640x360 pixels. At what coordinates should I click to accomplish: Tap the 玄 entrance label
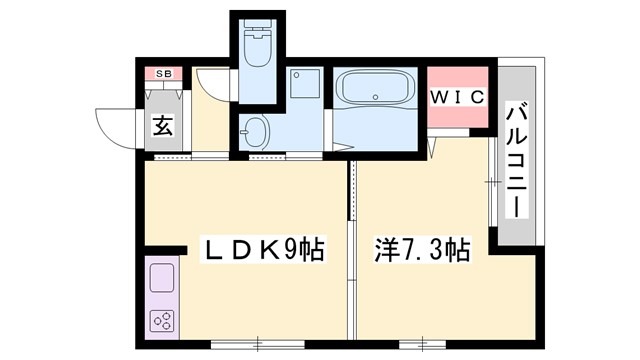(x=161, y=126)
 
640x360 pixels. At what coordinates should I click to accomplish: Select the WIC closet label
(x=457, y=97)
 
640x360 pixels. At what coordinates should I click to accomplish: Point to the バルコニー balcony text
(x=517, y=160)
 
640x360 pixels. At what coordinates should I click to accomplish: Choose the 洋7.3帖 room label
(x=422, y=248)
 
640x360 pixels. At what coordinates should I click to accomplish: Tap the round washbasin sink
(x=256, y=130)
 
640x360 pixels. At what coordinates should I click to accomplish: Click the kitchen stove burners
(x=162, y=320)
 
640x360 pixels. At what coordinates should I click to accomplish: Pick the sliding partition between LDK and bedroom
(x=352, y=250)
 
